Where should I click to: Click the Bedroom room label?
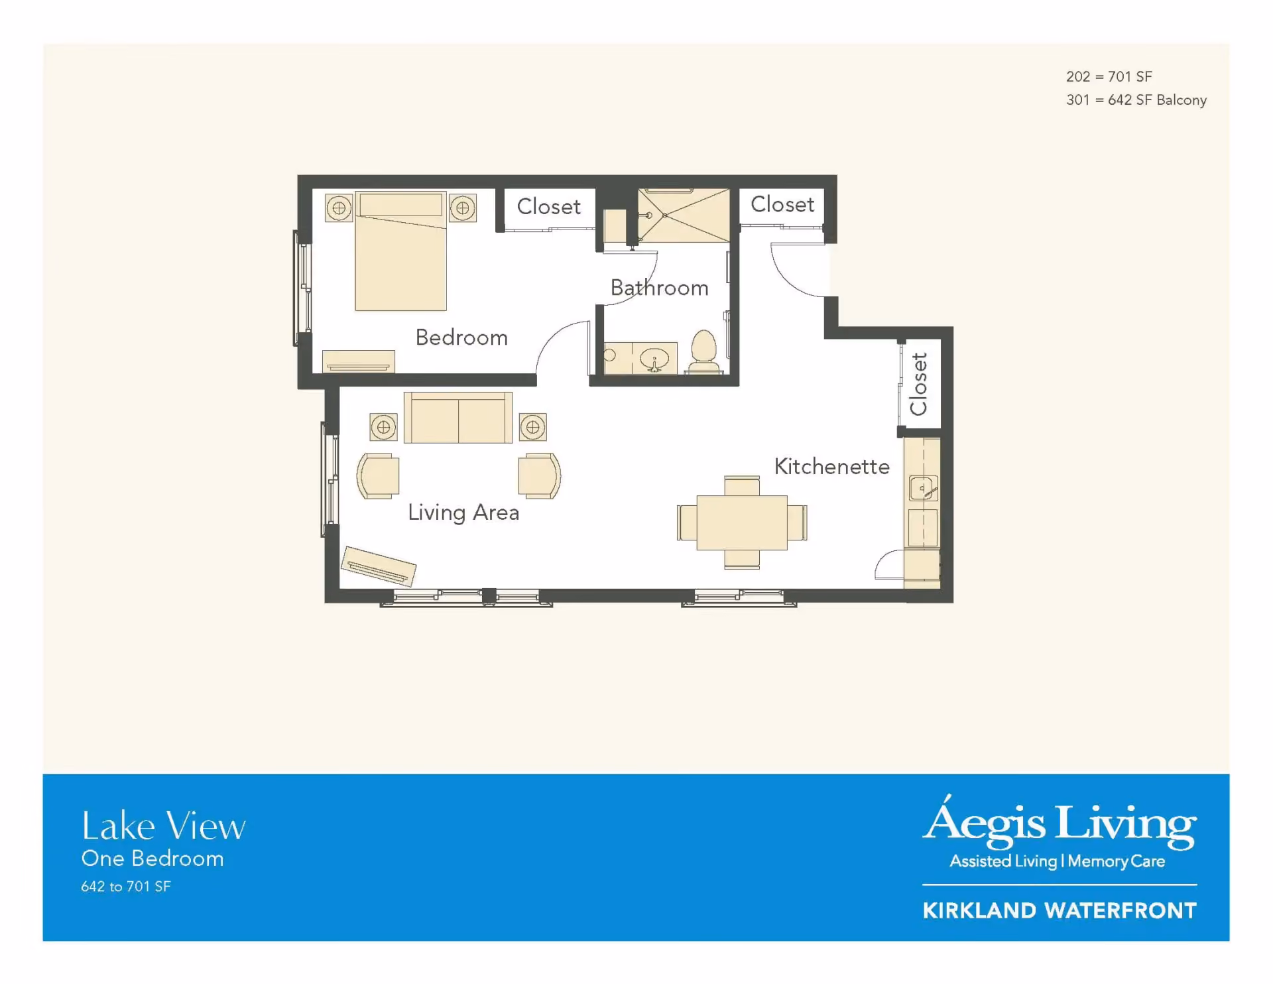point(461,338)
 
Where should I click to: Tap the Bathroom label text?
point(660,288)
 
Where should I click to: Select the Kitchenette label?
point(832,466)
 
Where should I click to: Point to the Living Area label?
point(463,513)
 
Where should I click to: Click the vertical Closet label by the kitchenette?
point(919,384)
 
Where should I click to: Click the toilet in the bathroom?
point(704,351)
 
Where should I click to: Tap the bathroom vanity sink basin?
point(654,359)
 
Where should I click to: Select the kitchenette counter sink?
point(923,489)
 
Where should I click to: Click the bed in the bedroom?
point(400,251)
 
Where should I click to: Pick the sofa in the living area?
point(458,418)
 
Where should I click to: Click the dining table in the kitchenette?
point(742,523)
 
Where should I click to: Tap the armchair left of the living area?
point(378,476)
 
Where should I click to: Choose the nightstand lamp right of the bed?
point(463,208)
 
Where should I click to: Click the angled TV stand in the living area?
point(379,566)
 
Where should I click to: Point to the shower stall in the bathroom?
point(684,215)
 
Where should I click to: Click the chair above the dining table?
point(742,485)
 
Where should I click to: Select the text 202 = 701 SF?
point(1109,77)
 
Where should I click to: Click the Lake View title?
point(164,826)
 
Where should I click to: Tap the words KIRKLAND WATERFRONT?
point(1060,910)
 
